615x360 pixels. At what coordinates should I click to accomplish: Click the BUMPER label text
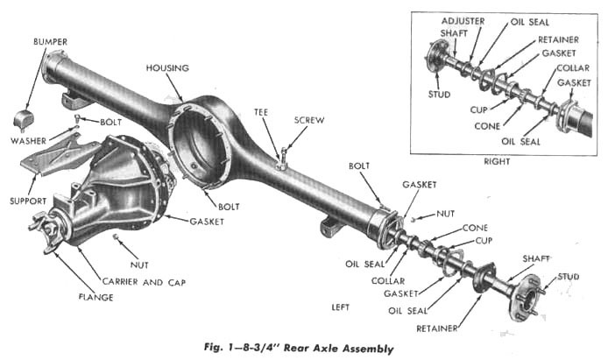[50, 42]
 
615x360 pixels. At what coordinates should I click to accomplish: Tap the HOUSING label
[169, 67]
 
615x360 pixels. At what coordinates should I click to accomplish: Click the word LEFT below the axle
[343, 307]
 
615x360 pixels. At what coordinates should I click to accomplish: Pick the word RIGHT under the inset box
[497, 161]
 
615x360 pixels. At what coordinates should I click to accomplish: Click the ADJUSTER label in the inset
[463, 19]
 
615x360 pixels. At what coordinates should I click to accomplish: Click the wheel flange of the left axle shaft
[527, 286]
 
